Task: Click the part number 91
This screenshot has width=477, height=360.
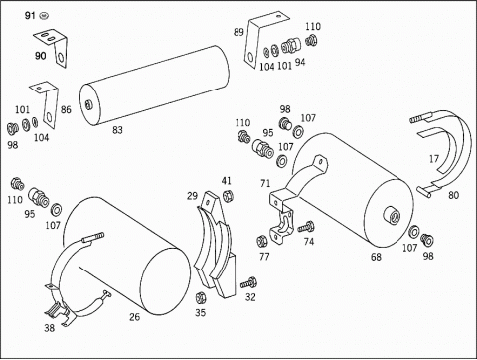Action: point(30,15)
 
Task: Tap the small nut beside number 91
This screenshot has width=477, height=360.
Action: point(43,15)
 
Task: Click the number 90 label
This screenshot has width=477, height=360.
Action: point(40,55)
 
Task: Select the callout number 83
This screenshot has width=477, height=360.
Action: point(117,130)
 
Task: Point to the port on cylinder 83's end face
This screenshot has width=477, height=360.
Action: point(88,105)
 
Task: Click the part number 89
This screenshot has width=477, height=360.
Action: point(238,32)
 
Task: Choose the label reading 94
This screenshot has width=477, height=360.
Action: point(300,62)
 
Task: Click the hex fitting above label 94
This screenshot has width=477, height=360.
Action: point(291,46)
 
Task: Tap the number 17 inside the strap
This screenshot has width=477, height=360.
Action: point(434,159)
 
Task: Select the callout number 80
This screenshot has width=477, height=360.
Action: point(453,195)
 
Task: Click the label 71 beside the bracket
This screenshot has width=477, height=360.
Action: point(265,183)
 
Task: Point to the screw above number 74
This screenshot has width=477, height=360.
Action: point(305,228)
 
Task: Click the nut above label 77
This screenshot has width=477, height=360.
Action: point(262,241)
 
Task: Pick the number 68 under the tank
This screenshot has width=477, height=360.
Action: point(376,257)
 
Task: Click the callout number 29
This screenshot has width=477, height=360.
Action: point(192,196)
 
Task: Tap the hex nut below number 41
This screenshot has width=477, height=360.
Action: point(228,196)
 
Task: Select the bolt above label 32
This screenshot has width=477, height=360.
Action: point(248,283)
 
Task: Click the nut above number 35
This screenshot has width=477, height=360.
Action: point(200,298)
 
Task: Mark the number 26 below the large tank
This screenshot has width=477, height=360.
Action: point(134,317)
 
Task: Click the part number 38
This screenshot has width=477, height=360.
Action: point(49,328)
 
